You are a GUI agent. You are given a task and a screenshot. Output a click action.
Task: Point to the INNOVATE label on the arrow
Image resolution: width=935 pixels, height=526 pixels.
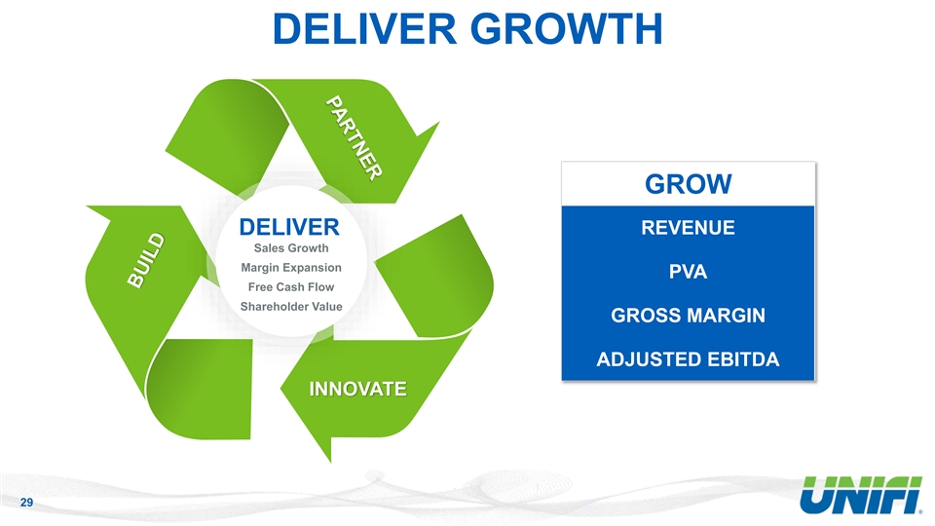tap(357, 390)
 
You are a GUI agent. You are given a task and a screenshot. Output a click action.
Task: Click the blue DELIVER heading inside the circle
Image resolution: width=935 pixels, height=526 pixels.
tap(289, 228)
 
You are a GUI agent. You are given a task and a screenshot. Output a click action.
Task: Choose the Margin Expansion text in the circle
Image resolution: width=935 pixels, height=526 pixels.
tap(290, 268)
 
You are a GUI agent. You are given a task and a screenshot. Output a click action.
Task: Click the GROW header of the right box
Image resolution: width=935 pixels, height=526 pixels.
tap(688, 184)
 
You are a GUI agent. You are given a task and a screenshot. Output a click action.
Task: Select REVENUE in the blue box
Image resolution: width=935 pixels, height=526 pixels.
tap(688, 229)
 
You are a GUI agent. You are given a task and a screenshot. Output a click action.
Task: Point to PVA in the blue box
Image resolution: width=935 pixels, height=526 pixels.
tap(688, 273)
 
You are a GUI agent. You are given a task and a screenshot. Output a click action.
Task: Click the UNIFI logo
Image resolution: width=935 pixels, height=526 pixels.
tap(858, 497)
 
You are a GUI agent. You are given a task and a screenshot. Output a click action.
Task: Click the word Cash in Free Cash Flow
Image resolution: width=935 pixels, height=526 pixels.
tap(291, 287)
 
